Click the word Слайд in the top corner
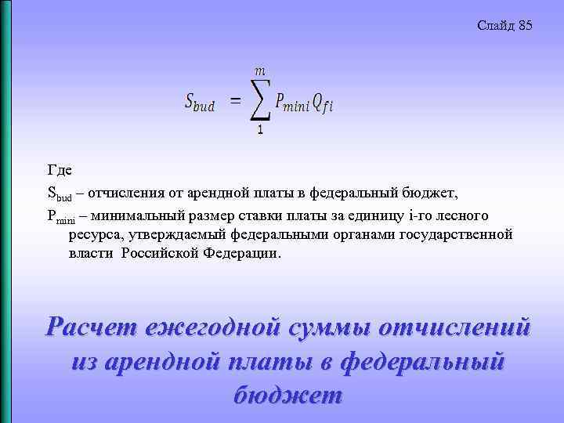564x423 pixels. (495, 26)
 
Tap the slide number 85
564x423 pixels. (525, 26)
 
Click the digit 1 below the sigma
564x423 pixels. (259, 129)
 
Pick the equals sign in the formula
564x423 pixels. (235, 100)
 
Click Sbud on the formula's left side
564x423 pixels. (201, 101)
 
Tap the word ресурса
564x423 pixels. (96, 233)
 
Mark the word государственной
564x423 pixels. (456, 233)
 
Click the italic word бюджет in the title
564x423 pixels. (287, 394)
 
